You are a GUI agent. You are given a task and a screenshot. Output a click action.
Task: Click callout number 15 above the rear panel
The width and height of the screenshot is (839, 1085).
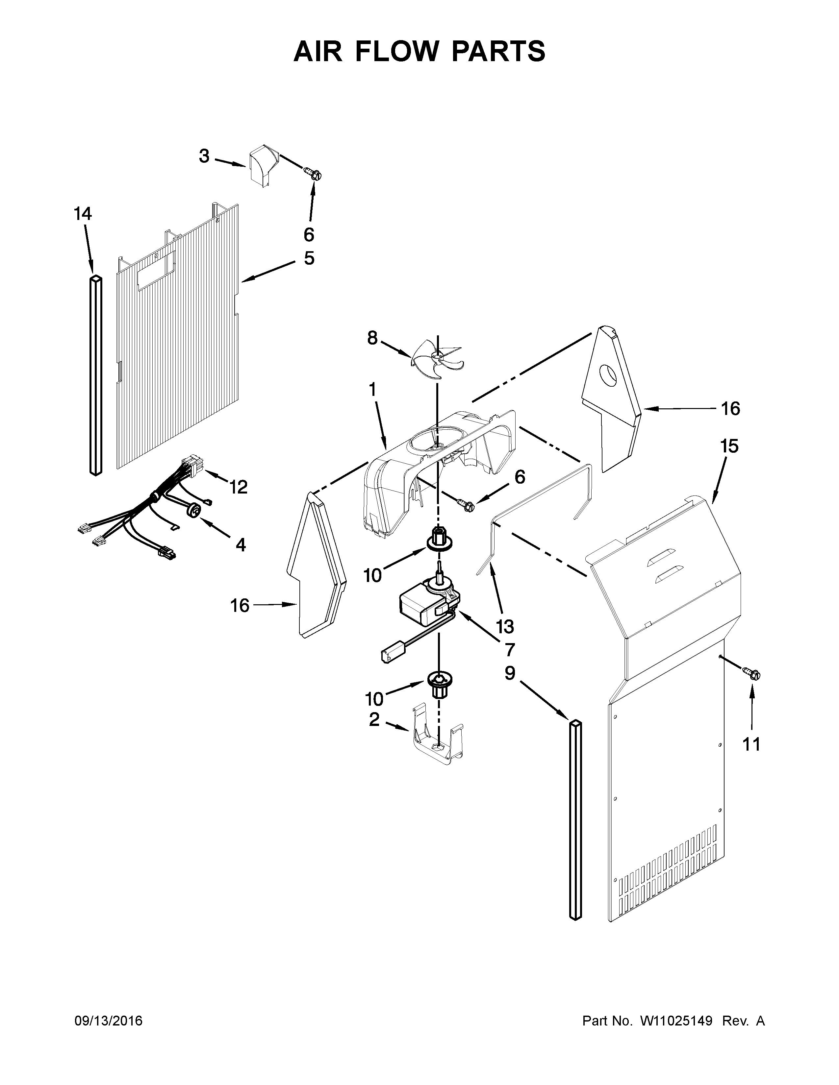point(729,446)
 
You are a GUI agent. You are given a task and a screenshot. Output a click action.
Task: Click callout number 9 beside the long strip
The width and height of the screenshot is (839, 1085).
point(510,674)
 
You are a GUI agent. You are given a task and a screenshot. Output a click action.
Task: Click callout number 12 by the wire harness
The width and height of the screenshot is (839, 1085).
point(238,487)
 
